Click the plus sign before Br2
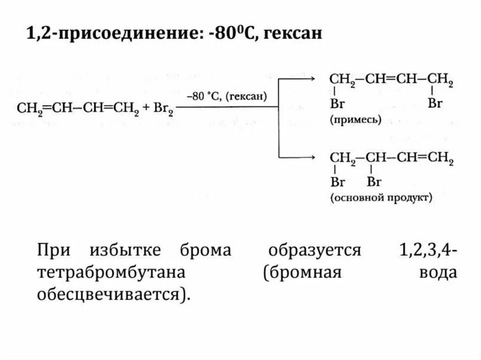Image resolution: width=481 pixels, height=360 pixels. [147, 108]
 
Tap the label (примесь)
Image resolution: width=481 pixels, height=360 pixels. [355, 120]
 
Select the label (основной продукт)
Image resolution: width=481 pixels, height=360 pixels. [381, 198]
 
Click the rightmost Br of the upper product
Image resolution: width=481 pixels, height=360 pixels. [435, 104]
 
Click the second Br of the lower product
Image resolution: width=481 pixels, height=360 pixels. [374, 181]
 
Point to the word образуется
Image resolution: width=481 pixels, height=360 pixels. [315, 250]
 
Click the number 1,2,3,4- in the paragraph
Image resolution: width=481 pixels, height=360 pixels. [427, 250]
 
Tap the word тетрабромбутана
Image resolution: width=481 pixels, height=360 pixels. [111, 273]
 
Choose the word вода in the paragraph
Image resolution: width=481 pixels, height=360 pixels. [438, 273]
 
